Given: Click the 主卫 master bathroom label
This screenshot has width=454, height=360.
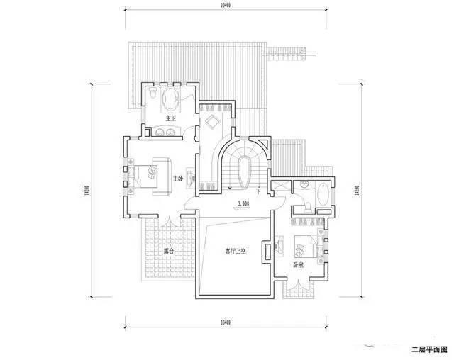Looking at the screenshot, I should [170, 118].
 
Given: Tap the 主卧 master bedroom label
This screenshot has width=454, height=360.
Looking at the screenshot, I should [181, 178].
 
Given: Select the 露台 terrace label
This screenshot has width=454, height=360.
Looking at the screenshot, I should [168, 251].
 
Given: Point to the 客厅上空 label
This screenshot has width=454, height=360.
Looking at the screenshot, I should [235, 251].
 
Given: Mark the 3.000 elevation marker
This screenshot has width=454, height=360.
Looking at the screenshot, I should [243, 203].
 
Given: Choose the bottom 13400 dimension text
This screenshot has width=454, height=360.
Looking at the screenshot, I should [226, 322].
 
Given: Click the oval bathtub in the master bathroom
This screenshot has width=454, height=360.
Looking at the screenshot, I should [171, 97].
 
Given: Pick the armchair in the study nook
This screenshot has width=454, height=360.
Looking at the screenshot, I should [211, 123].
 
